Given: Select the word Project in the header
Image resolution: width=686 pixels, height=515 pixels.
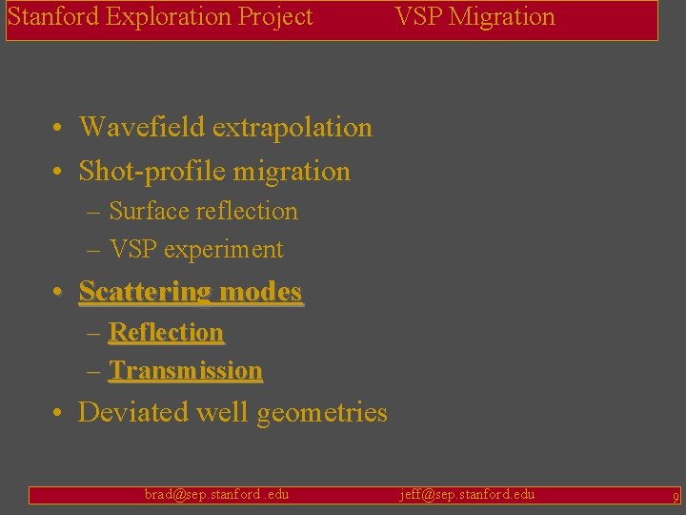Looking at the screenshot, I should point(278,17).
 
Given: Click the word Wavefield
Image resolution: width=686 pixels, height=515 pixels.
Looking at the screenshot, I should point(142,127).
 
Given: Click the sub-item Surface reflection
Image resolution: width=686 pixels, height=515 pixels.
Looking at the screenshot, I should point(203,212).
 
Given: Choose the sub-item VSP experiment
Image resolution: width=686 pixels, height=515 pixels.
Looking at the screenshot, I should point(196,250).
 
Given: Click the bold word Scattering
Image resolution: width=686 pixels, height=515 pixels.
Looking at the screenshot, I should point(145,292).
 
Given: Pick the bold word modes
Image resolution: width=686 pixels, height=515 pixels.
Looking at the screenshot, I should point(260,292).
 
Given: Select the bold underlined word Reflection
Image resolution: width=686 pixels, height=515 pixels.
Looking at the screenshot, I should point(167,333).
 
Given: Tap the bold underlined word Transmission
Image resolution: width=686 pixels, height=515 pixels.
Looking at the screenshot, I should point(186,371).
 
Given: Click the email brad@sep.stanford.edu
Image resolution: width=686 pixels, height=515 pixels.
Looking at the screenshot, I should point(216,494).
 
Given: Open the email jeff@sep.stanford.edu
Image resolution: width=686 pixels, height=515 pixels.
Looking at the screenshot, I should point(467,494).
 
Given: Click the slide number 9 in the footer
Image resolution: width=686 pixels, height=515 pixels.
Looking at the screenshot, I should point(675,496).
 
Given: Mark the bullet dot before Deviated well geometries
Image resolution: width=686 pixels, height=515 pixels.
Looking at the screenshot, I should point(59,413).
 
